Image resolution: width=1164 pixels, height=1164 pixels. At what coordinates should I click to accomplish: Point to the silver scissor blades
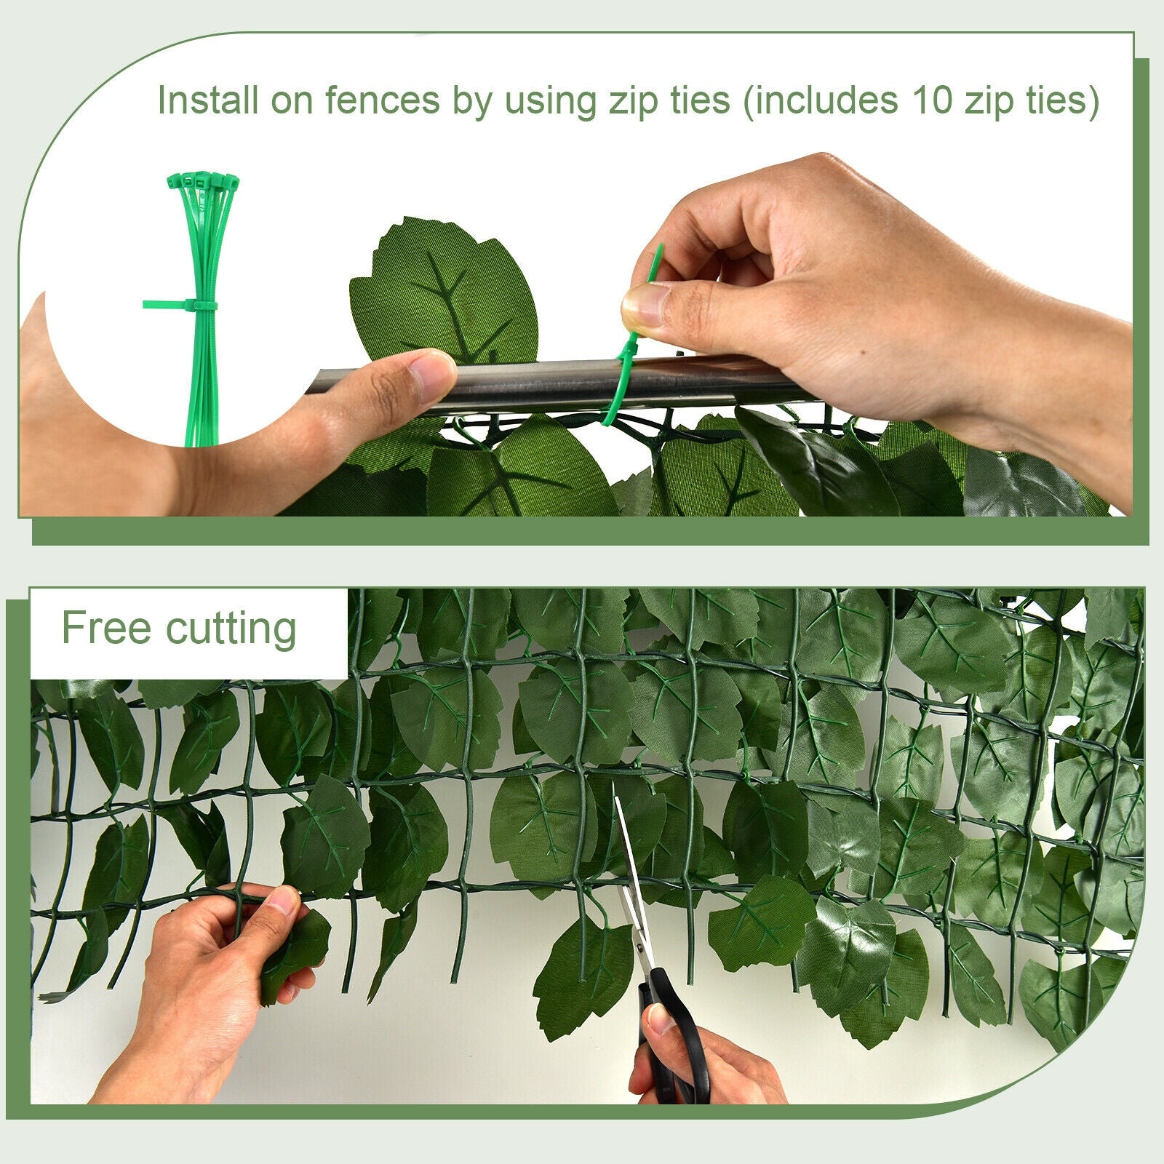(x=627, y=873)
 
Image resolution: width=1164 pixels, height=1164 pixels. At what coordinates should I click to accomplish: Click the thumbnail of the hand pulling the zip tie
(x=645, y=304)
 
